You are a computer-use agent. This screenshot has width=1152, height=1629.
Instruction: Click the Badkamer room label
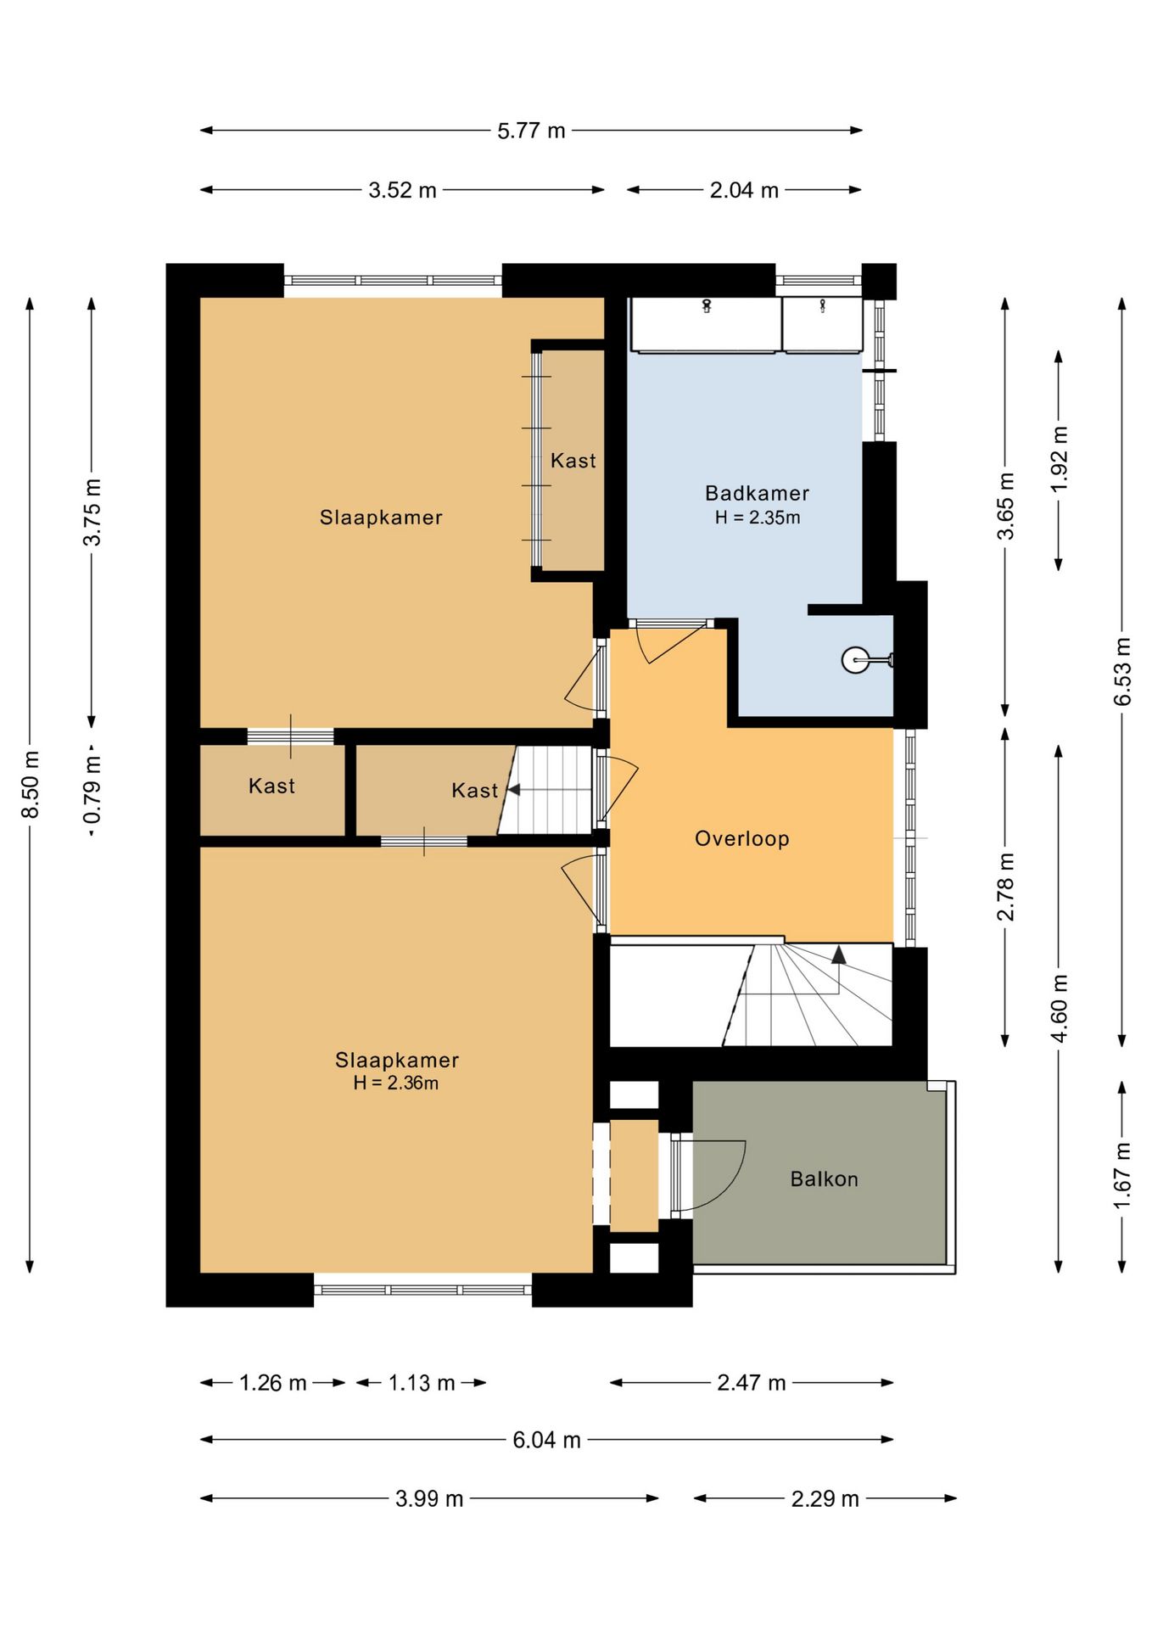tap(757, 493)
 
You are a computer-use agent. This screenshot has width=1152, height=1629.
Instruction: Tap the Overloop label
tap(742, 839)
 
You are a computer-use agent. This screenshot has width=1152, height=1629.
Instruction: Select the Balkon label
tap(824, 1179)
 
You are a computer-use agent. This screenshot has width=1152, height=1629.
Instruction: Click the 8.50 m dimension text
tap(30, 785)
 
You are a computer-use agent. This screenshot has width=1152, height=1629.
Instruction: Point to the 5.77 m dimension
tap(531, 131)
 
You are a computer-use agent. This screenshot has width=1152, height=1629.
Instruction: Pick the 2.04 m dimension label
tap(744, 190)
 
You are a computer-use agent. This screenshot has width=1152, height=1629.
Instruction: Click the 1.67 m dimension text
tap(1121, 1176)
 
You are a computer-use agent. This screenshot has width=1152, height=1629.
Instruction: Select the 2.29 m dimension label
tap(825, 1499)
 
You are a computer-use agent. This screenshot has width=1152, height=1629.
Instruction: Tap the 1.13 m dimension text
tap(422, 1383)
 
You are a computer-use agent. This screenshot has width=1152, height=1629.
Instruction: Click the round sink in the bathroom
tap(855, 659)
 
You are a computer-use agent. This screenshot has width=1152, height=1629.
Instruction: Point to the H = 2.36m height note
tap(396, 1083)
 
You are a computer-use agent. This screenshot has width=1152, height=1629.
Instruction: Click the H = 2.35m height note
tap(758, 518)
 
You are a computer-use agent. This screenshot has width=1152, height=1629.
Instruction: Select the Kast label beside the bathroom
tap(573, 461)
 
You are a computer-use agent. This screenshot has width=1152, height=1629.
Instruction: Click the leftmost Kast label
tap(271, 786)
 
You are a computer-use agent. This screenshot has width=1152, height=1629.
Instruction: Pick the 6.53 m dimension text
tap(1122, 671)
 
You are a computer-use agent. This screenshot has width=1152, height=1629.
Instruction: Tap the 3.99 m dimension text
tap(429, 1499)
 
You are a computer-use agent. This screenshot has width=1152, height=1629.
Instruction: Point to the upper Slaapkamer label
tap(381, 518)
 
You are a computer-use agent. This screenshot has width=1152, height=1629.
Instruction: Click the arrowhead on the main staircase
tap(839, 954)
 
